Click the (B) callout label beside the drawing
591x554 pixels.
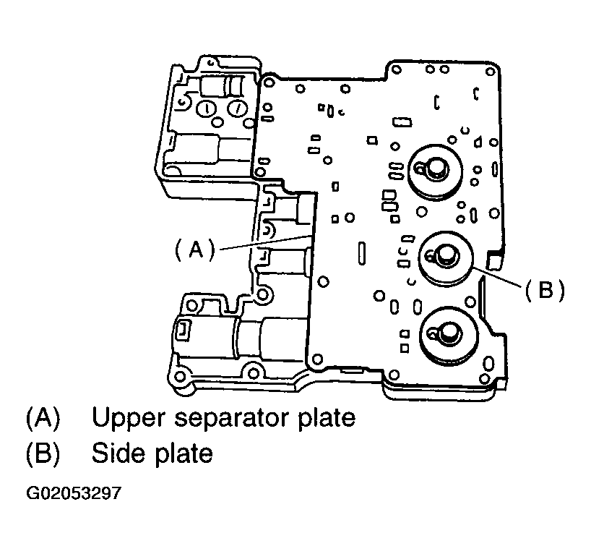coord(543,290)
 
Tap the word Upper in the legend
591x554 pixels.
coord(129,418)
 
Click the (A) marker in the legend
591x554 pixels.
coord(43,418)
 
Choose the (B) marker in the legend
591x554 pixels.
coord(43,453)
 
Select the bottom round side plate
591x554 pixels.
coord(450,337)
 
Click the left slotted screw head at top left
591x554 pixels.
coord(205,109)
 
